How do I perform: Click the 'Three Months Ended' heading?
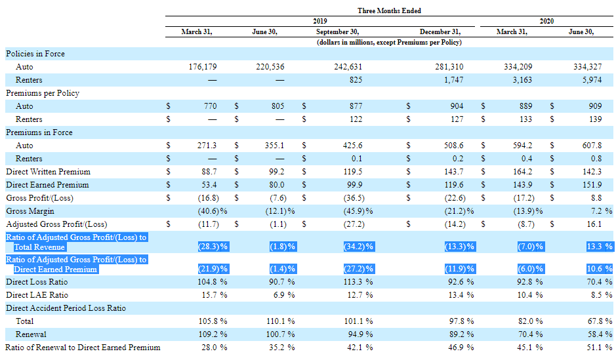(x=389, y=10)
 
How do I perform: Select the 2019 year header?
(x=320, y=21)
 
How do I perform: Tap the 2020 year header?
(x=546, y=21)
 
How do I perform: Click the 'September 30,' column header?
(x=337, y=31)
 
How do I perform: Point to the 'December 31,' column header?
(x=440, y=31)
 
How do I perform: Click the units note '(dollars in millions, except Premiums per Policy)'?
(x=389, y=42)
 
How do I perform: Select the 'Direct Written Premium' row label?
(x=48, y=172)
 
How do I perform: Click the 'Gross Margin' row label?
(x=30, y=211)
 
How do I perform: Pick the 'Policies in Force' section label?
(x=35, y=54)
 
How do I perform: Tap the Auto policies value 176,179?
(x=202, y=67)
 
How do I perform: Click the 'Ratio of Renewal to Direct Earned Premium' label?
(x=83, y=348)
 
